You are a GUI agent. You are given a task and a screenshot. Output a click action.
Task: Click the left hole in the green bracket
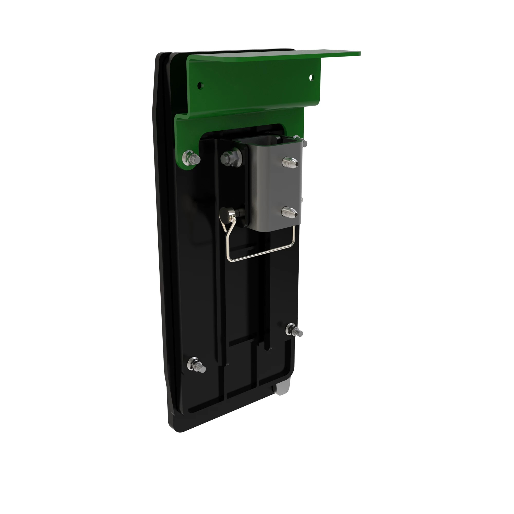(200, 86)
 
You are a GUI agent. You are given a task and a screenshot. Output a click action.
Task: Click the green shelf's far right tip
(359, 53)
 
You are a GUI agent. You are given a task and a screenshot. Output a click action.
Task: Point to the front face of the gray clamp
(274, 186)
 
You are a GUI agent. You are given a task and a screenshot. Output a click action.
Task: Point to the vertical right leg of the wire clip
(294, 237)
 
